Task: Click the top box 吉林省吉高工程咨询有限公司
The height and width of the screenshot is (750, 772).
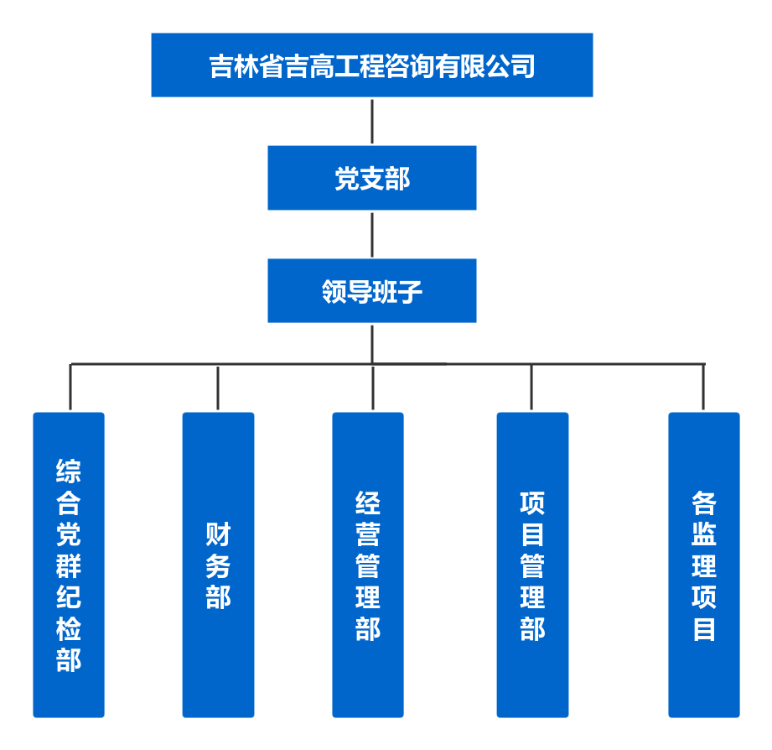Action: point(371,65)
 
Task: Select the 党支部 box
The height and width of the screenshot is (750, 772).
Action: point(371,178)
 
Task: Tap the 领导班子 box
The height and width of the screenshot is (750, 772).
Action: point(371,290)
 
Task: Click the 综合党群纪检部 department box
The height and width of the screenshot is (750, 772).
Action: point(69,565)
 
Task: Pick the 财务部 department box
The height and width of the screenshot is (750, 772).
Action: point(218,565)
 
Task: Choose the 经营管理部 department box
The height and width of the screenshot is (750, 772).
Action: point(367,565)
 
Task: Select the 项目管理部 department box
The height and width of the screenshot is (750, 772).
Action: point(532,565)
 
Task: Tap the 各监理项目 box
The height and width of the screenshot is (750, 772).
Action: point(704,565)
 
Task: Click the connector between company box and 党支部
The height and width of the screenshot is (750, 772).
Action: point(371,121)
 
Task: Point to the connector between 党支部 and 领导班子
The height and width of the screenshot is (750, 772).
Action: point(371,234)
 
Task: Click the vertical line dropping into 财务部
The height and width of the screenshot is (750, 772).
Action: point(218,388)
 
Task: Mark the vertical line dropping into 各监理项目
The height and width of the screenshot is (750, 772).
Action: point(703,388)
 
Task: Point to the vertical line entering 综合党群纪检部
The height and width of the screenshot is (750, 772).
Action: point(70,388)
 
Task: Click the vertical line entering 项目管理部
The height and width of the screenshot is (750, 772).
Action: point(531,388)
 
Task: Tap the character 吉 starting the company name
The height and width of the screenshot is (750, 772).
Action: point(221,65)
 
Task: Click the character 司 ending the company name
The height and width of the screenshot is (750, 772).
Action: point(523,65)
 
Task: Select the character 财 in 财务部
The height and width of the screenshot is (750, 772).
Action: point(218,534)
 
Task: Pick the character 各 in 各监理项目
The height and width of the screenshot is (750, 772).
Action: point(704,503)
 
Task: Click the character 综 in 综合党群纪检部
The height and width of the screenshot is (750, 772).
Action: point(69,471)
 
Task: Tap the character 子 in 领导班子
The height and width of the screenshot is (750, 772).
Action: point(410,291)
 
